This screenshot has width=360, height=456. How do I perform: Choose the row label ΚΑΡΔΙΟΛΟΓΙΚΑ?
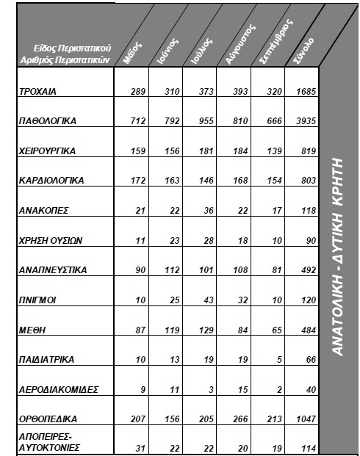(x=50, y=180)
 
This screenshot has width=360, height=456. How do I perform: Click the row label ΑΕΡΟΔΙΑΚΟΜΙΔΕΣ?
(x=58, y=391)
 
